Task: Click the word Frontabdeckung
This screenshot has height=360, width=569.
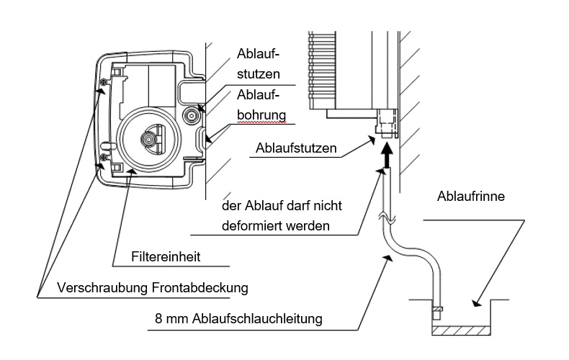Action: [200, 288]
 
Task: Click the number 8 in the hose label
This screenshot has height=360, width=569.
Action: [158, 318]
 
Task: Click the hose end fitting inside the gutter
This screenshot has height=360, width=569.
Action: [436, 312]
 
